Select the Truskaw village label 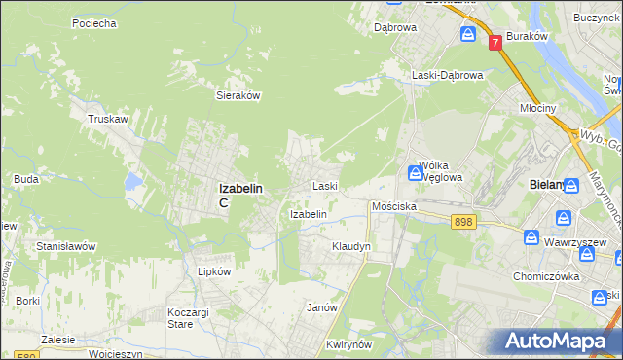pos(108,119)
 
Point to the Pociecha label pos(93,22)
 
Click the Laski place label pos(324,185)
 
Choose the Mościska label pos(394,207)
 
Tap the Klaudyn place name pos(351,247)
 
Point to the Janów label pos(321,307)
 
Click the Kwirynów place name pos(351,345)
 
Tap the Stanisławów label pos(65,246)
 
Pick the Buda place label pos(26,179)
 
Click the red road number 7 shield pos(495,42)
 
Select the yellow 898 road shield pos(463,223)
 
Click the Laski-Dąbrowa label pos(447,75)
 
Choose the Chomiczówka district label pos(546,275)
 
